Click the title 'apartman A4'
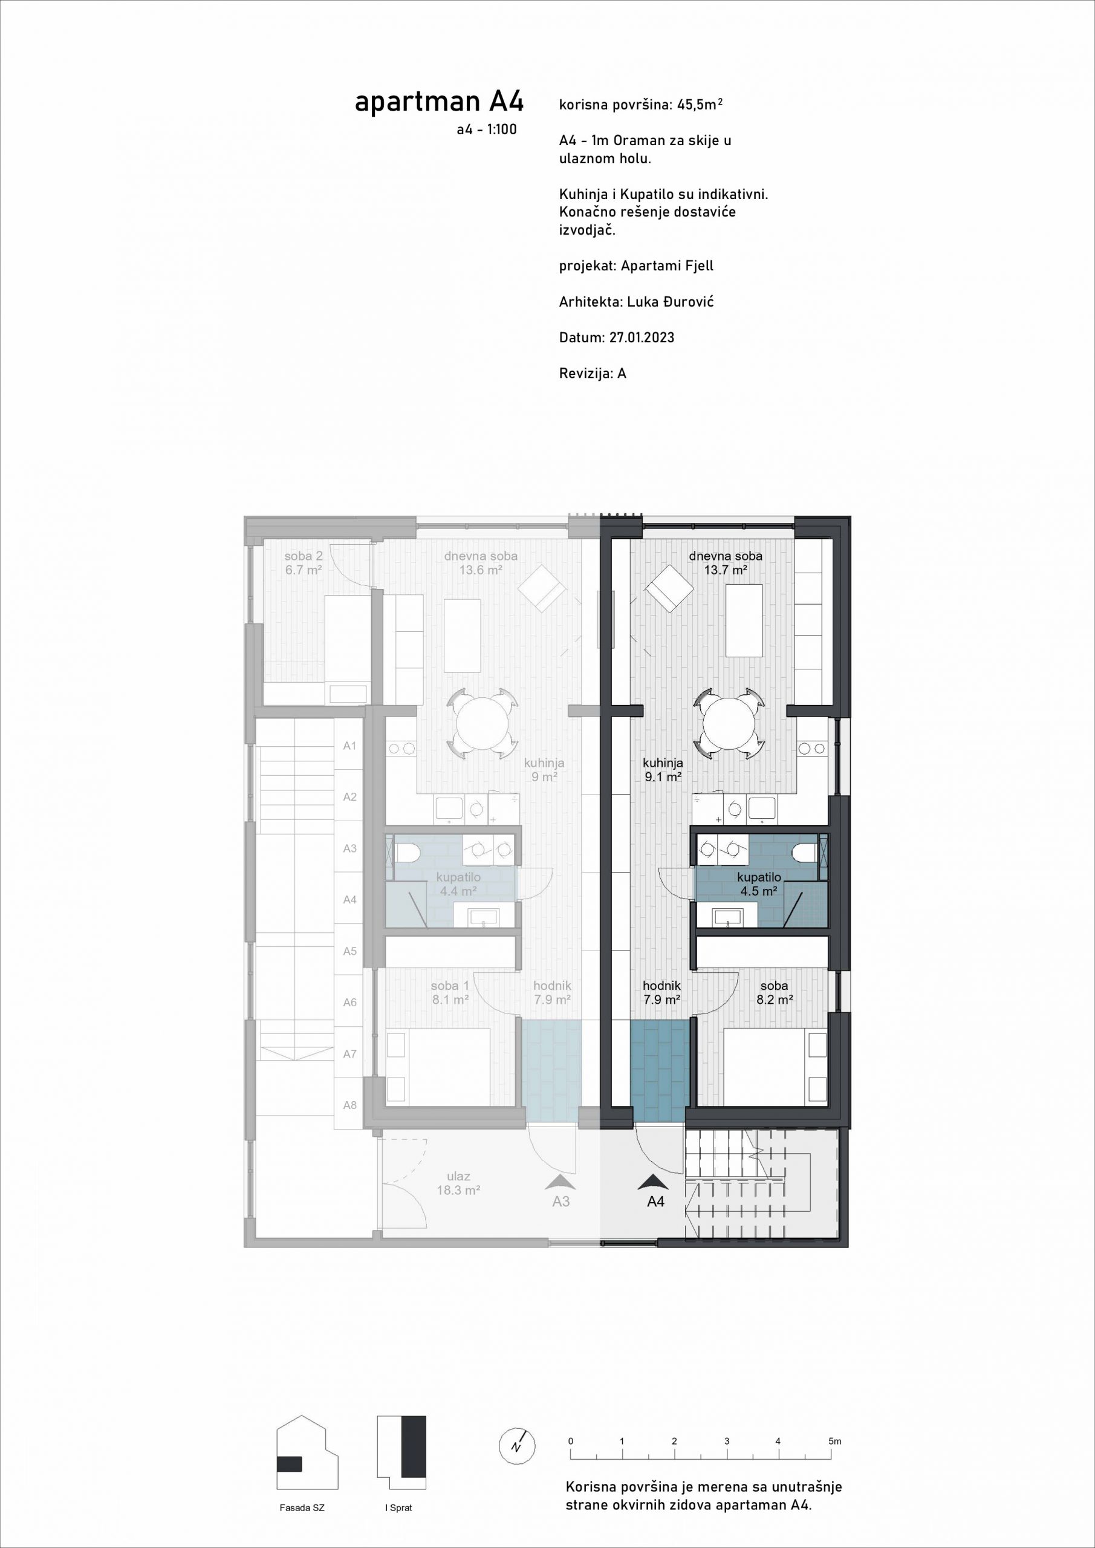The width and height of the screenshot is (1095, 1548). [x=439, y=102]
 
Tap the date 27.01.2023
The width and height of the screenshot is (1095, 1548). [x=642, y=338]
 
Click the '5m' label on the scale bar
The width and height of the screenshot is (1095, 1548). [x=835, y=1442]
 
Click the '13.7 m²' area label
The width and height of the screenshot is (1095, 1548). [x=726, y=570]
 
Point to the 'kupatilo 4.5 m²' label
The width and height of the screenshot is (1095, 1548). [x=759, y=884]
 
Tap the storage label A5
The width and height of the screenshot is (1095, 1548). [x=349, y=951]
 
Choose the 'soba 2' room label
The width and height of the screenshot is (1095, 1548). [x=304, y=556]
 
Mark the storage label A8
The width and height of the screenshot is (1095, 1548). [x=349, y=1105]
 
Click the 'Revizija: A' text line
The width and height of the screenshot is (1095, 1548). [x=593, y=374]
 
